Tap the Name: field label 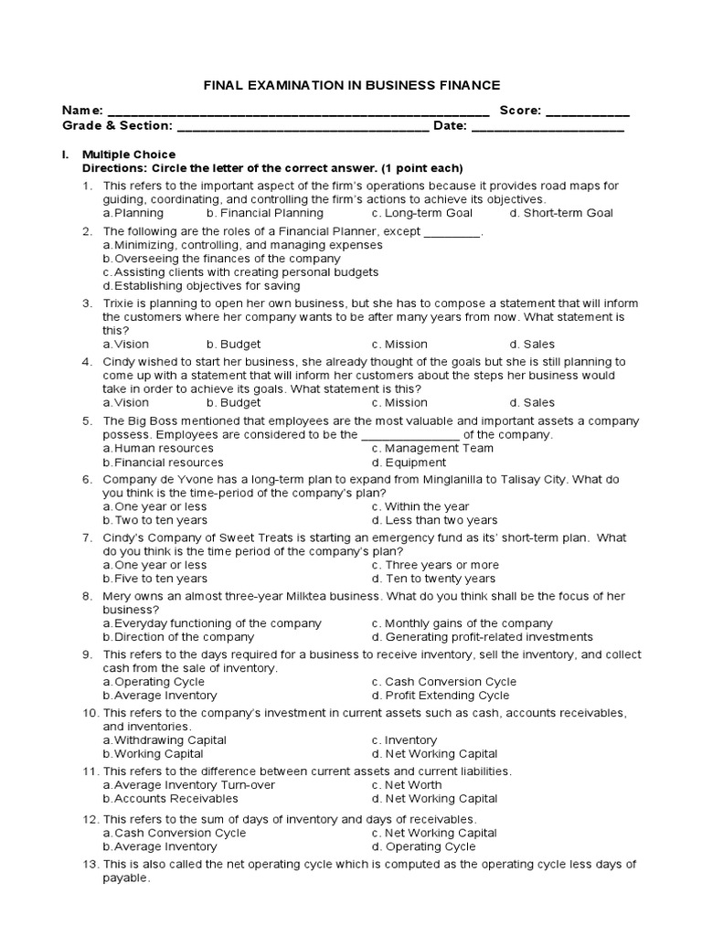pyautogui.click(x=82, y=111)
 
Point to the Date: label pyautogui.click(x=450, y=126)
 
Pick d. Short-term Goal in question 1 pyautogui.click(x=561, y=213)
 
